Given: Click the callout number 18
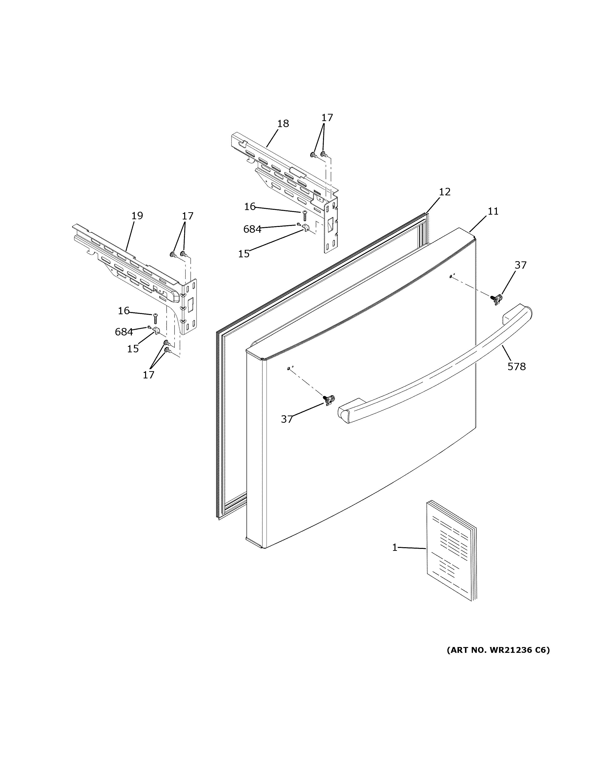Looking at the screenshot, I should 283,123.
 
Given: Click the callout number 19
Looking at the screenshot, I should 137,216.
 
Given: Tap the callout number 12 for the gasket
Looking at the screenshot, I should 445,192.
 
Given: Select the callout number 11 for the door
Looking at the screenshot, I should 493,211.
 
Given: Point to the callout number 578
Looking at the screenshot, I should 517,367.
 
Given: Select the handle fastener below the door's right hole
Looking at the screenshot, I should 496,299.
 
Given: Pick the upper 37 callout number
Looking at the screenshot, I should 520,265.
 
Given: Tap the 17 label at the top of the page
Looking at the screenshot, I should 327,117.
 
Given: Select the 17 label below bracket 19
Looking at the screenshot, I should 148,375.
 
